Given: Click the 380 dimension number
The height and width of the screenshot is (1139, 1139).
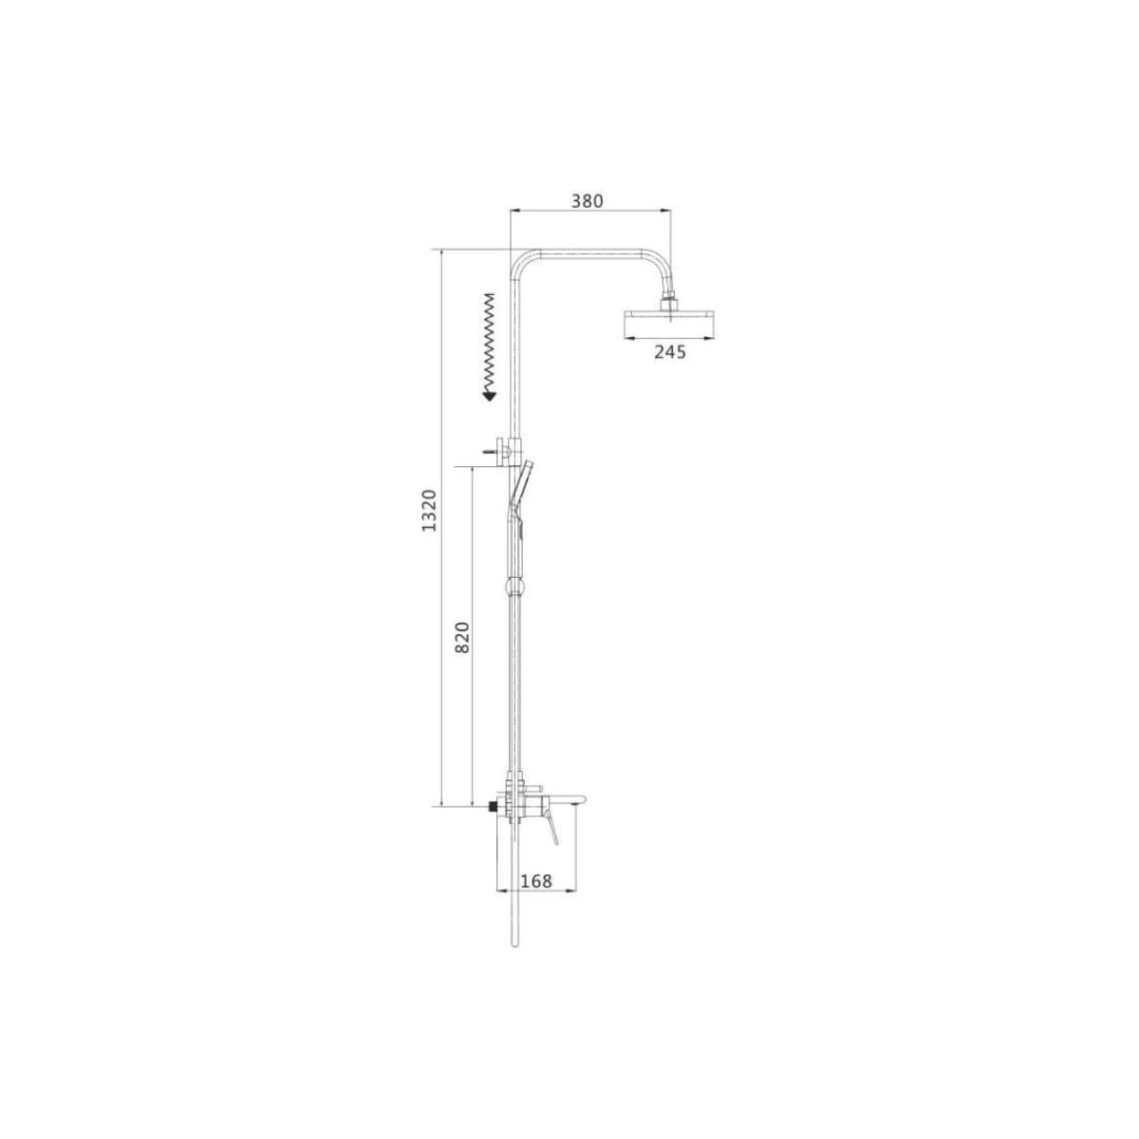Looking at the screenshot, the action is [x=587, y=201].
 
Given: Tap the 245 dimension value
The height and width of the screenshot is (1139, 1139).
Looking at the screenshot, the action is [x=670, y=352].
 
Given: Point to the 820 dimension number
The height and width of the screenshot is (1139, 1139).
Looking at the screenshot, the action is [x=463, y=637].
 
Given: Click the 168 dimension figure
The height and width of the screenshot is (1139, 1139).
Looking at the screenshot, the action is [x=536, y=897].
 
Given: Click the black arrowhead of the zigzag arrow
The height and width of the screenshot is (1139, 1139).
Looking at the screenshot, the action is [x=489, y=396].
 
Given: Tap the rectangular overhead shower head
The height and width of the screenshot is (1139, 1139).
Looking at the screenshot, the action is [x=670, y=324].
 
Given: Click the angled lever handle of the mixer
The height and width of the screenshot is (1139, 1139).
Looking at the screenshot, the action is [x=551, y=828].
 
